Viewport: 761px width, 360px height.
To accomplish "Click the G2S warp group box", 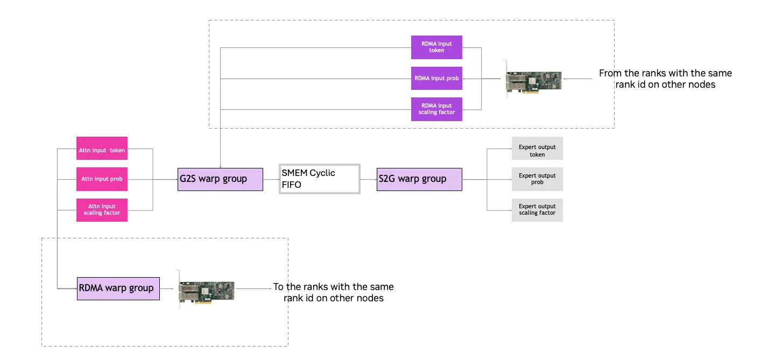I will click(x=220, y=179).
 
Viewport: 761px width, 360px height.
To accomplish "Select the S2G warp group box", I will click(x=419, y=179).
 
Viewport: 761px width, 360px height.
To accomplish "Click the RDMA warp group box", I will click(x=118, y=288).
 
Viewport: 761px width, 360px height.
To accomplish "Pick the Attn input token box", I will click(x=102, y=151).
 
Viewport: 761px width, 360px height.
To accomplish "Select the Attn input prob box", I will click(x=102, y=179).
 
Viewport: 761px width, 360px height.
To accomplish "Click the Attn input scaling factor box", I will click(x=102, y=210).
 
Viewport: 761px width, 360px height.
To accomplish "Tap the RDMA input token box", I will click(x=436, y=47).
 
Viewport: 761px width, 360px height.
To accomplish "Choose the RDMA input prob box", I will click(x=436, y=79).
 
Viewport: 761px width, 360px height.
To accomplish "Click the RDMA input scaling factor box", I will click(x=436, y=109).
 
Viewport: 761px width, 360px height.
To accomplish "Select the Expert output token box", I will click(x=537, y=151).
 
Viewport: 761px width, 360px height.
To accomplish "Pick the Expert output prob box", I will click(x=537, y=179).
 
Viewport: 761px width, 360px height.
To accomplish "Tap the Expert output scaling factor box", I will click(x=537, y=210).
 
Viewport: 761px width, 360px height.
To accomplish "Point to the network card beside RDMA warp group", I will click(x=207, y=289).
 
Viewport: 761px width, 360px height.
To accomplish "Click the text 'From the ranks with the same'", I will click(x=665, y=73).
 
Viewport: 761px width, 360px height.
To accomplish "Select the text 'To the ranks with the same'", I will click(x=333, y=287).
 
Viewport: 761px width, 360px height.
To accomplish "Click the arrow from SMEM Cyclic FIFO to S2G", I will click(x=368, y=179).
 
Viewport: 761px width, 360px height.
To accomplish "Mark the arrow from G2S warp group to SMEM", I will click(x=271, y=179).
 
